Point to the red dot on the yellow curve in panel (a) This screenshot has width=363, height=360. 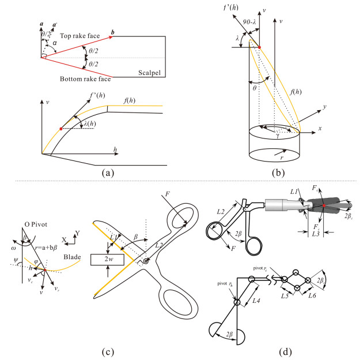coord(61,127)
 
